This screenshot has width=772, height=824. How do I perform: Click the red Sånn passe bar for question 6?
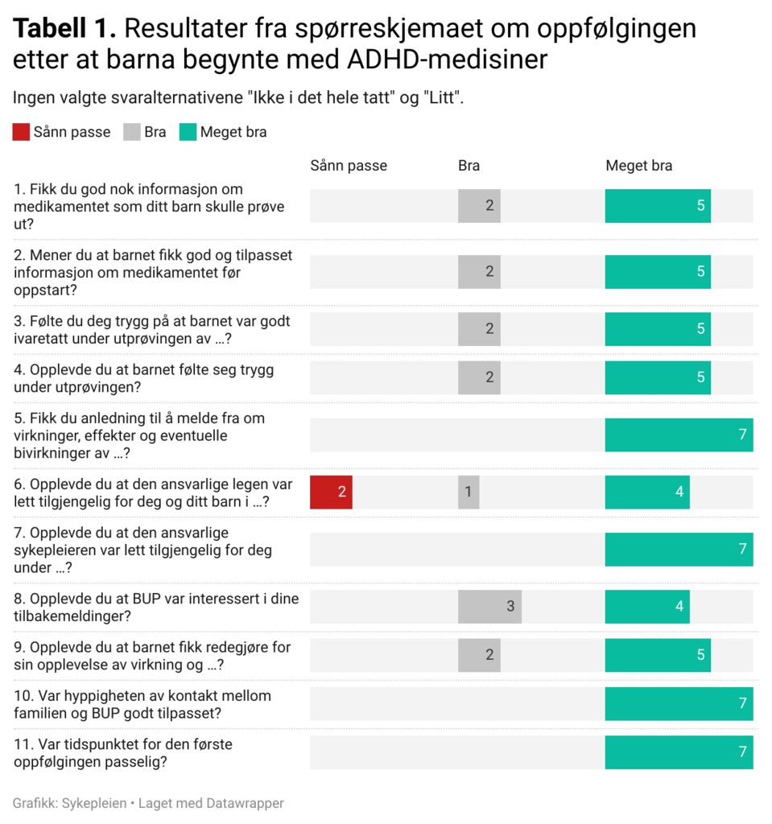331,492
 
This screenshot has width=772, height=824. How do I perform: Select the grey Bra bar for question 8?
489,607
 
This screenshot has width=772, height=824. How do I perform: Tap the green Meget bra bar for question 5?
679,435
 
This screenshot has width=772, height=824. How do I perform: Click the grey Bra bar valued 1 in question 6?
469,492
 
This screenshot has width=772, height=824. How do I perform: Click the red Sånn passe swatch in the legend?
21,132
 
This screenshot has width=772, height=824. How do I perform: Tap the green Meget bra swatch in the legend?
187,132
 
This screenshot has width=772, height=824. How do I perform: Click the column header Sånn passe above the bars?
349,166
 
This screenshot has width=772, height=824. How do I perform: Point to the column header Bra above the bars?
469,166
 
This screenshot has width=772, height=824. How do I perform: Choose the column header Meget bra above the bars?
638,166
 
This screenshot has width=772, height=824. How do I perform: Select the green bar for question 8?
647,607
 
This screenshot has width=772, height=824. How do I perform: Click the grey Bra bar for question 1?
479,206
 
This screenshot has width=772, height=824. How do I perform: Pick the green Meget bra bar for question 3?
658,329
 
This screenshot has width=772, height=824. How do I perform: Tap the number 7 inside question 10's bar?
742,704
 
